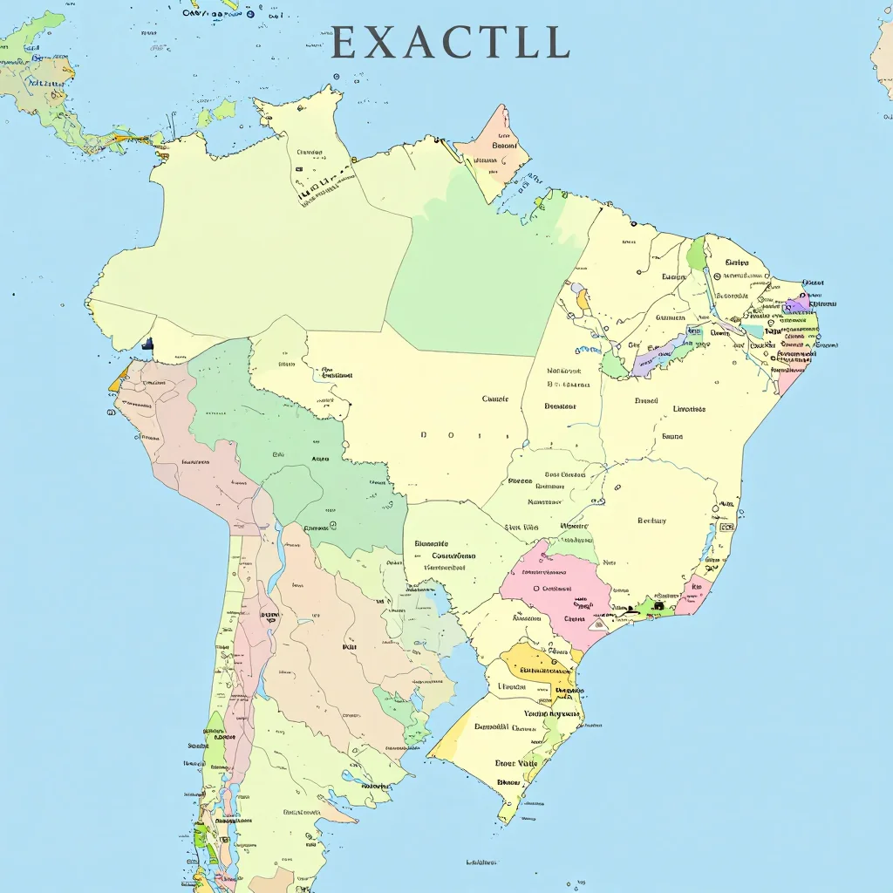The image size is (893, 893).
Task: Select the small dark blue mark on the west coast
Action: [147, 344]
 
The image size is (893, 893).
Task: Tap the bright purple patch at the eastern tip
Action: [796, 306]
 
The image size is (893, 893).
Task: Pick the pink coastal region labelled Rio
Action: [694, 593]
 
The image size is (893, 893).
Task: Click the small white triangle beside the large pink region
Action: [598, 624]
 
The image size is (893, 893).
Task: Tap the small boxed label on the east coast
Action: [726, 527]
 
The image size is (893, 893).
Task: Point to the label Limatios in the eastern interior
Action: [689, 408]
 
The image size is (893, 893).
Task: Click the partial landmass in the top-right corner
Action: [883, 61]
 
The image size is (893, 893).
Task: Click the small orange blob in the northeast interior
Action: [583, 302]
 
